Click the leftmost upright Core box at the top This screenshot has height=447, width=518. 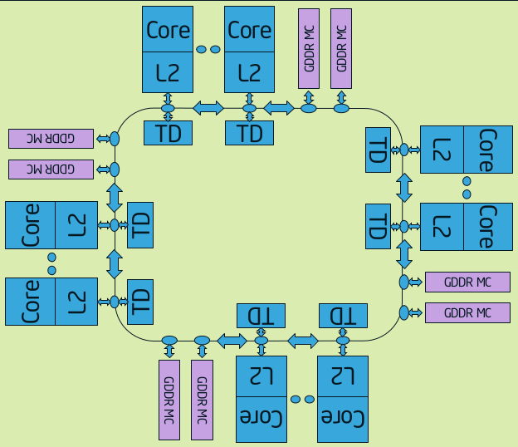coord(168,31)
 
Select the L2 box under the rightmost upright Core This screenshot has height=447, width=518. coord(249,72)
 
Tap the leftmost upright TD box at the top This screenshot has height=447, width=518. coord(168,132)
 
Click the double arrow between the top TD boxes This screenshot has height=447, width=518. coord(208,108)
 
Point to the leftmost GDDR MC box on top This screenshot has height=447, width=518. coord(309,49)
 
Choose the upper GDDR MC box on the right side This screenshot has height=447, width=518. coord(467,282)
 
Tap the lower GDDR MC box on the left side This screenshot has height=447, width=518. coord(51,169)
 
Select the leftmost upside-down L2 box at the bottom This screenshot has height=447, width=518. coord(261,376)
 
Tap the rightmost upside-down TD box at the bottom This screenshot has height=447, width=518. coord(343,316)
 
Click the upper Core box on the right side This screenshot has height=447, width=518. coord(486,150)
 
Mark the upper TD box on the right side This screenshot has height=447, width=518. coord(378,150)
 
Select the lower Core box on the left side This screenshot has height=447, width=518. coord(30,301)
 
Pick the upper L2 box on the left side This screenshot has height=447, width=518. coord(76,224)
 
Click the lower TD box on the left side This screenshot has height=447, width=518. coord(139,301)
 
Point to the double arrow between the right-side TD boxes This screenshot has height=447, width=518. coord(404,187)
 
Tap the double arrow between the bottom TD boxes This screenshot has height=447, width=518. coord(302,340)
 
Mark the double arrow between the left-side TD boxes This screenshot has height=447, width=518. coord(115,263)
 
